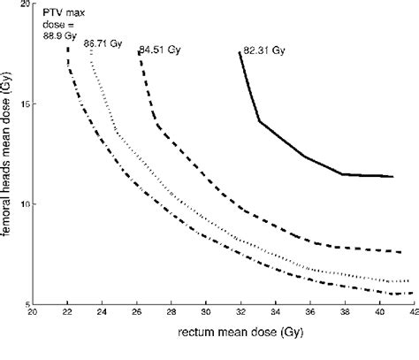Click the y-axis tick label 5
click(26, 303)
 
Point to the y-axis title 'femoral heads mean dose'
click(8, 156)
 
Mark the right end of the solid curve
click(393, 176)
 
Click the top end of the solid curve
click(240, 53)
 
